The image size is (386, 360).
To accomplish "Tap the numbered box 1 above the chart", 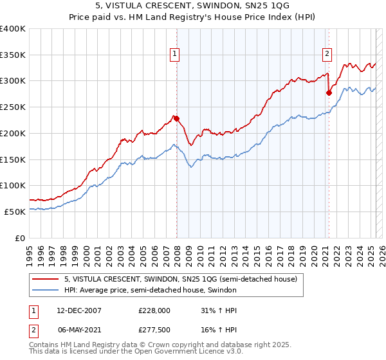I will pyautogui.click(x=174, y=55).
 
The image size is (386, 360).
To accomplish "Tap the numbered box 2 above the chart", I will pyautogui.click(x=327, y=55).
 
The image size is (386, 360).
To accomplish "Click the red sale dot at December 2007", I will pyautogui.click(x=176, y=118).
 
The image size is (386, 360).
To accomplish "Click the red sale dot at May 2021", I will pyautogui.click(x=329, y=93).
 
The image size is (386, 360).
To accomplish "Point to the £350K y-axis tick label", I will pyautogui.click(x=13, y=55).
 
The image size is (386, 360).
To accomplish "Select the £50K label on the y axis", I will pyautogui.click(x=15, y=212).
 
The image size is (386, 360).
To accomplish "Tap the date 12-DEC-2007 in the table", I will pyautogui.click(x=78, y=310).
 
